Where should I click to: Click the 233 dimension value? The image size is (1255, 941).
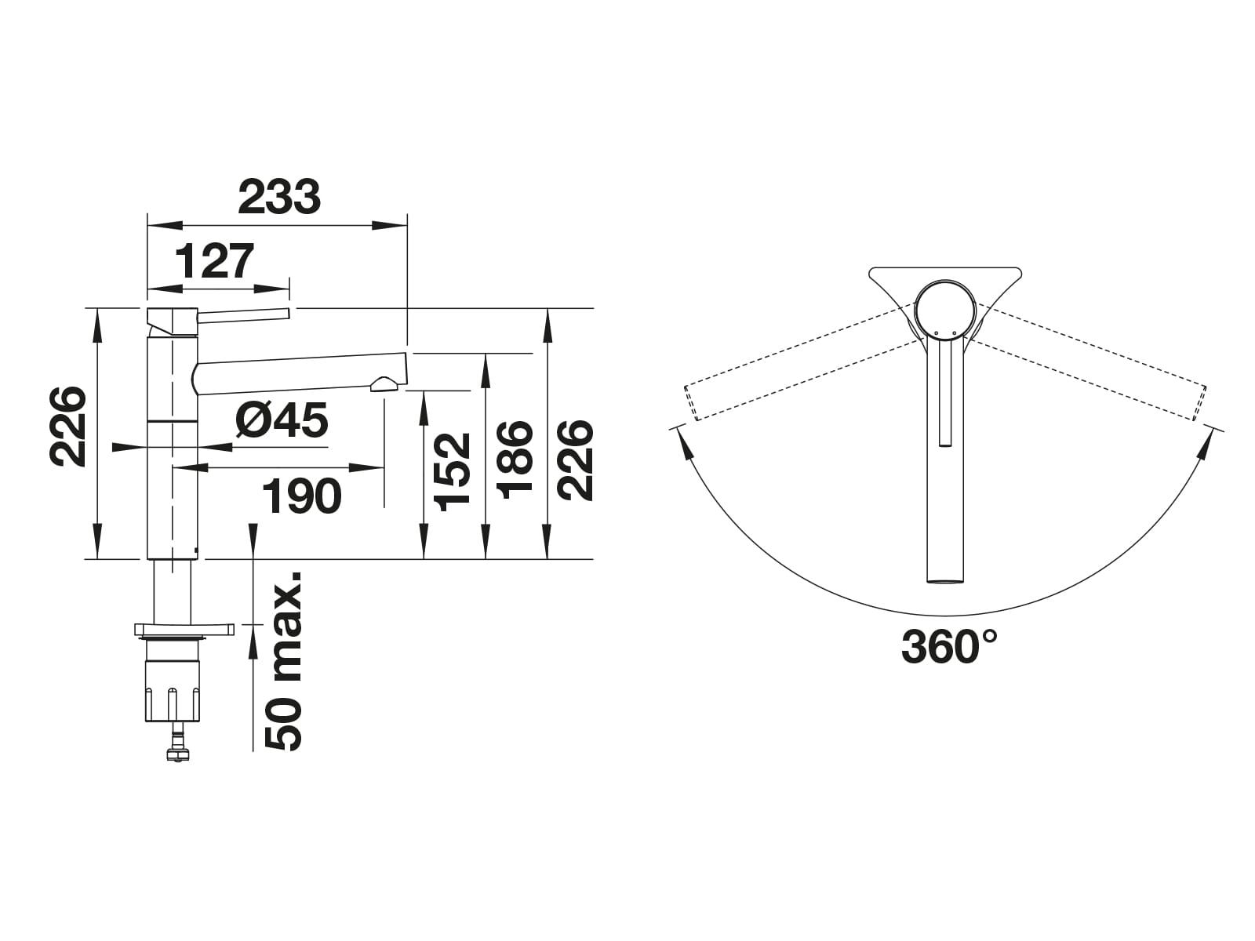click(x=280, y=197)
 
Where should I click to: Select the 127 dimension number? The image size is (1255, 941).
click(x=215, y=261)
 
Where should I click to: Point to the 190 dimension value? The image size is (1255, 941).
click(x=302, y=496)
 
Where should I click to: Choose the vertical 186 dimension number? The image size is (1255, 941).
click(x=515, y=460)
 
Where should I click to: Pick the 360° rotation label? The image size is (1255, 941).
click(x=949, y=647)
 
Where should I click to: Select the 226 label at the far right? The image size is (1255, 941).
click(x=576, y=460)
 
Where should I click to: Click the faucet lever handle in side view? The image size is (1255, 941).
click(x=243, y=314)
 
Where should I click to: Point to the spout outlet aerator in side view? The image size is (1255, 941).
click(x=384, y=383)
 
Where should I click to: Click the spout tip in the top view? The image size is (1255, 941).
click(x=945, y=579)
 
